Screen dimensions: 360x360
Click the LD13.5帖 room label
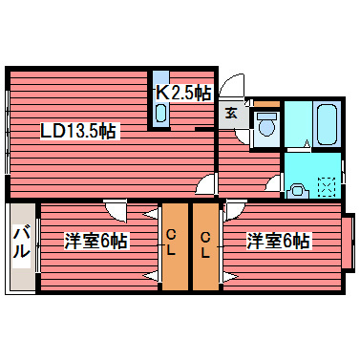tap(78, 132)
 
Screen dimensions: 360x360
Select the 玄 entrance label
tap(232, 112)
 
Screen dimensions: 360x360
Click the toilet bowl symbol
tap(266, 125)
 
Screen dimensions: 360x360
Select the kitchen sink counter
tap(160, 98)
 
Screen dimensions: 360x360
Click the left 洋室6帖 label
tap(95, 241)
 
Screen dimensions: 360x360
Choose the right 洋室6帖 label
tap(278, 241)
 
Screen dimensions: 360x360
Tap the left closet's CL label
tap(171, 244)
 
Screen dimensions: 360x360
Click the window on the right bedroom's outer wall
tap(349, 241)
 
